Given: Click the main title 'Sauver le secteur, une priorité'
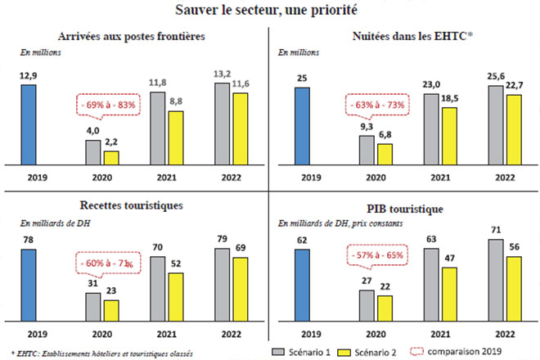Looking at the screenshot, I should click(270, 11).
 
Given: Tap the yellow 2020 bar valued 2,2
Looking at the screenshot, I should click(110, 158).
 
